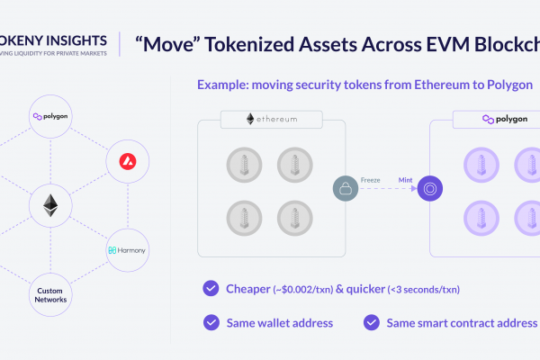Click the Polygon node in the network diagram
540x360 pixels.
[x=50, y=116]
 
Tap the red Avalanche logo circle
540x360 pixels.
[x=128, y=161]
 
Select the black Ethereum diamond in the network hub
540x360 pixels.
[x=50, y=206]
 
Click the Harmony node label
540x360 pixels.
[x=127, y=250]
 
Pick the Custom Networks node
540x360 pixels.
[x=50, y=295]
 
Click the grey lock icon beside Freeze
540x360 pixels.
[x=346, y=188]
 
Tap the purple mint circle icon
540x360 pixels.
[x=430, y=188]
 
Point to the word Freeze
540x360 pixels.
[x=370, y=180]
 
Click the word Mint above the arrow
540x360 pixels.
[x=405, y=180]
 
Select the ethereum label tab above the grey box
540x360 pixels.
[x=272, y=119]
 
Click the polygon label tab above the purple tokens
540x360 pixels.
[x=496, y=119]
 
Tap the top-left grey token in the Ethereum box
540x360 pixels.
[x=244, y=165]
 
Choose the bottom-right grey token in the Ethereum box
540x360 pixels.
[x=295, y=218]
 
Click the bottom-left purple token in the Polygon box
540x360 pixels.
[x=481, y=218]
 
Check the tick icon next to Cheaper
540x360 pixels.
[x=211, y=288]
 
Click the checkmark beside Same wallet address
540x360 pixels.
[x=211, y=322]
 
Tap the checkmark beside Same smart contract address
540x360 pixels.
[x=371, y=322]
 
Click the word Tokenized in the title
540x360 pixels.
[x=249, y=45]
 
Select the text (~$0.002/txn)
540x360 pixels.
[x=303, y=290]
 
